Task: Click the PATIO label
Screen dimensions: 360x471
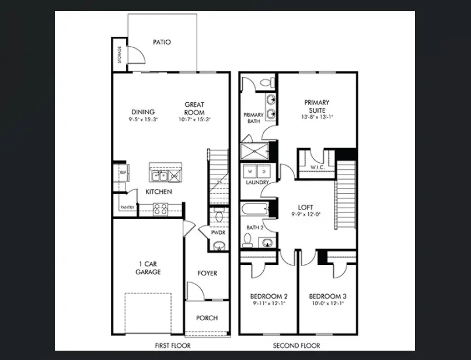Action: pos(162,42)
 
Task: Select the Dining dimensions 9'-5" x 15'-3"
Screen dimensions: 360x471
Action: pos(142,120)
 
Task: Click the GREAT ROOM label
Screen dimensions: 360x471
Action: pos(194,109)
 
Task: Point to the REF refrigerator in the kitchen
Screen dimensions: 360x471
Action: pos(123,173)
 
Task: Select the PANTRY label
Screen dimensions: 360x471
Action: pos(127,207)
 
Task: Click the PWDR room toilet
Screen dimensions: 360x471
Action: pos(219,216)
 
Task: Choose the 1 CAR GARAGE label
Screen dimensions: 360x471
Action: pos(148,268)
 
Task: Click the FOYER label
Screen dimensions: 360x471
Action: pos(207,273)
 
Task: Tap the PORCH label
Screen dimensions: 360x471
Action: pos(207,318)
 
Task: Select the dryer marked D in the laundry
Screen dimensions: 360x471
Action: pos(263,172)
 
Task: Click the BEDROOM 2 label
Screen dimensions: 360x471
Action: pos(268,296)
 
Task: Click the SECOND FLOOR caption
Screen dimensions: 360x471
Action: pos(296,345)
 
